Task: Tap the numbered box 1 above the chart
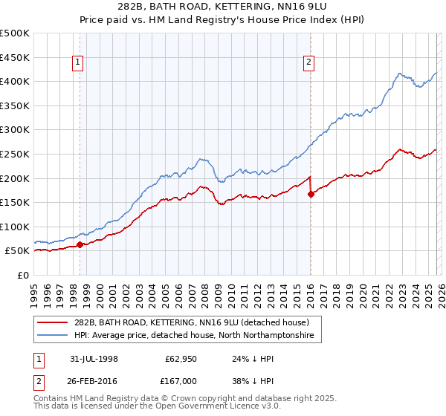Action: [x=78, y=63]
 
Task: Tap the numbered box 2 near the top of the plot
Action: [x=308, y=63]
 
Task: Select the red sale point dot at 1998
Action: [x=80, y=244]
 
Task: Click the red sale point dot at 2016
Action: [x=311, y=194]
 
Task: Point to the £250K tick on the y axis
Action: [x=16, y=154]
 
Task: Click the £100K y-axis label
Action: [x=16, y=227]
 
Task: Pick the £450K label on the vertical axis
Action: [x=16, y=57]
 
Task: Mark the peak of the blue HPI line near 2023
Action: [x=399, y=74]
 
